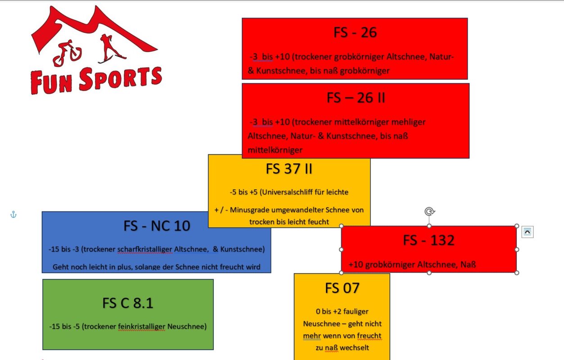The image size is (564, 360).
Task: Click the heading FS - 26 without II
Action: [x=355, y=33]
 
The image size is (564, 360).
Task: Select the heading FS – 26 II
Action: [x=356, y=98]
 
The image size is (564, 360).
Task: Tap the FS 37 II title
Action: [x=289, y=169]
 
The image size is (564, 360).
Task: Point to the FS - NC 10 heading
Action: [x=157, y=226]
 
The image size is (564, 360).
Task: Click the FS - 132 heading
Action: [x=429, y=240]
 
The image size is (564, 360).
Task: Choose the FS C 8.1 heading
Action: [x=128, y=303]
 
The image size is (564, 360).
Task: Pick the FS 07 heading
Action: [x=342, y=288]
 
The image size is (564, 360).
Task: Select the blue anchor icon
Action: [x=14, y=215]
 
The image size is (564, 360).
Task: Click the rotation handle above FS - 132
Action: [x=429, y=211]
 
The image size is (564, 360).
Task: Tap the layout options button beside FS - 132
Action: [x=528, y=232]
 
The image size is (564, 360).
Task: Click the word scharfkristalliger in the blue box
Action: [x=145, y=249]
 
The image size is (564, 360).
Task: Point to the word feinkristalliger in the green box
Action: [x=141, y=327]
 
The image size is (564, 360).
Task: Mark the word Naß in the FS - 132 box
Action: [x=468, y=265]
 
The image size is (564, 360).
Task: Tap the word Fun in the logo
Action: [x=51, y=82]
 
